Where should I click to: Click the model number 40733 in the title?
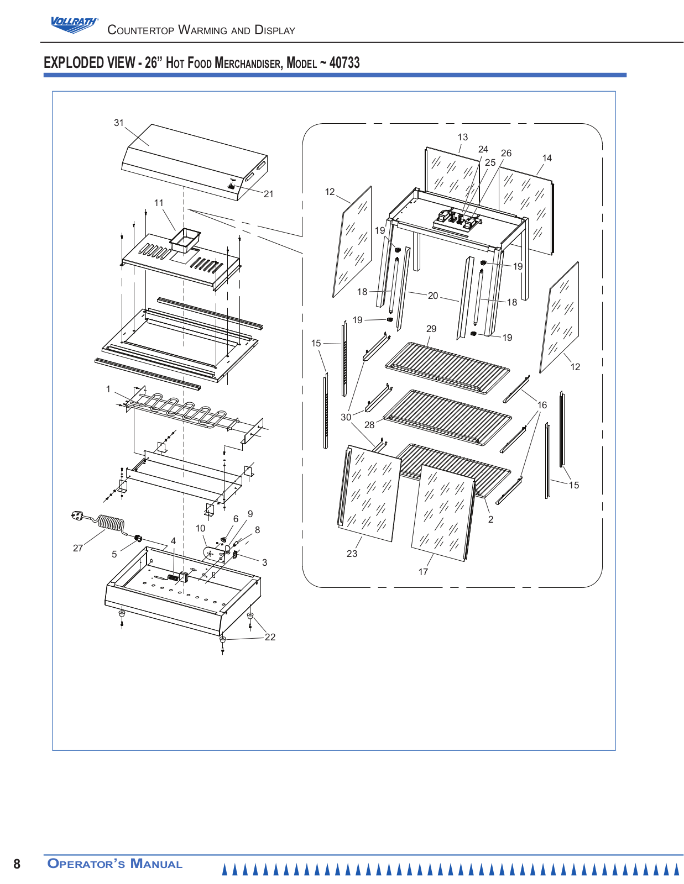pos(344,62)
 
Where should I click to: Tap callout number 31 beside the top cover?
pos(118,123)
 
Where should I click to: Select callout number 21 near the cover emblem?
pos(268,194)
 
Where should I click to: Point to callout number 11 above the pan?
pos(159,203)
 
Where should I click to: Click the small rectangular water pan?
pos(185,240)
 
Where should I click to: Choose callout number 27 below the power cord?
pos(78,548)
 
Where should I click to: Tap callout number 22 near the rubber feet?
pos(270,637)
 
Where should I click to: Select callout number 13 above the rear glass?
pos(462,137)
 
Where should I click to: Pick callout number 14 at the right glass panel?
pos(547,158)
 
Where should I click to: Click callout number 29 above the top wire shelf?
pos(431,329)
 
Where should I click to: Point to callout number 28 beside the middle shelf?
pos(369,425)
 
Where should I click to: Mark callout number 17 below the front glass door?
pos(423,572)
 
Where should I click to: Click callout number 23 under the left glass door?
pos(352,554)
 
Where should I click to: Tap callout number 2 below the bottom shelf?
pos(490,519)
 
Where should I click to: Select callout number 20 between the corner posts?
pos(433,296)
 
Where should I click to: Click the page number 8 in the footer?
pos(17,864)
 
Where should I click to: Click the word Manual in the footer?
pos(156,863)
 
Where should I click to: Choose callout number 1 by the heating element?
pos(108,389)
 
